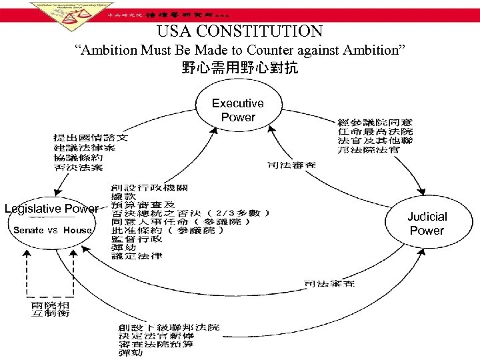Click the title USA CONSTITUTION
(239, 31)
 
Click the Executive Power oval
(237, 111)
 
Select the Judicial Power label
(427, 223)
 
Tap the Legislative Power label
(51, 209)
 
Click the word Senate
(28, 230)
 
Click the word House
(78, 230)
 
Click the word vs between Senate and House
(54, 230)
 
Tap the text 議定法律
(137, 256)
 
